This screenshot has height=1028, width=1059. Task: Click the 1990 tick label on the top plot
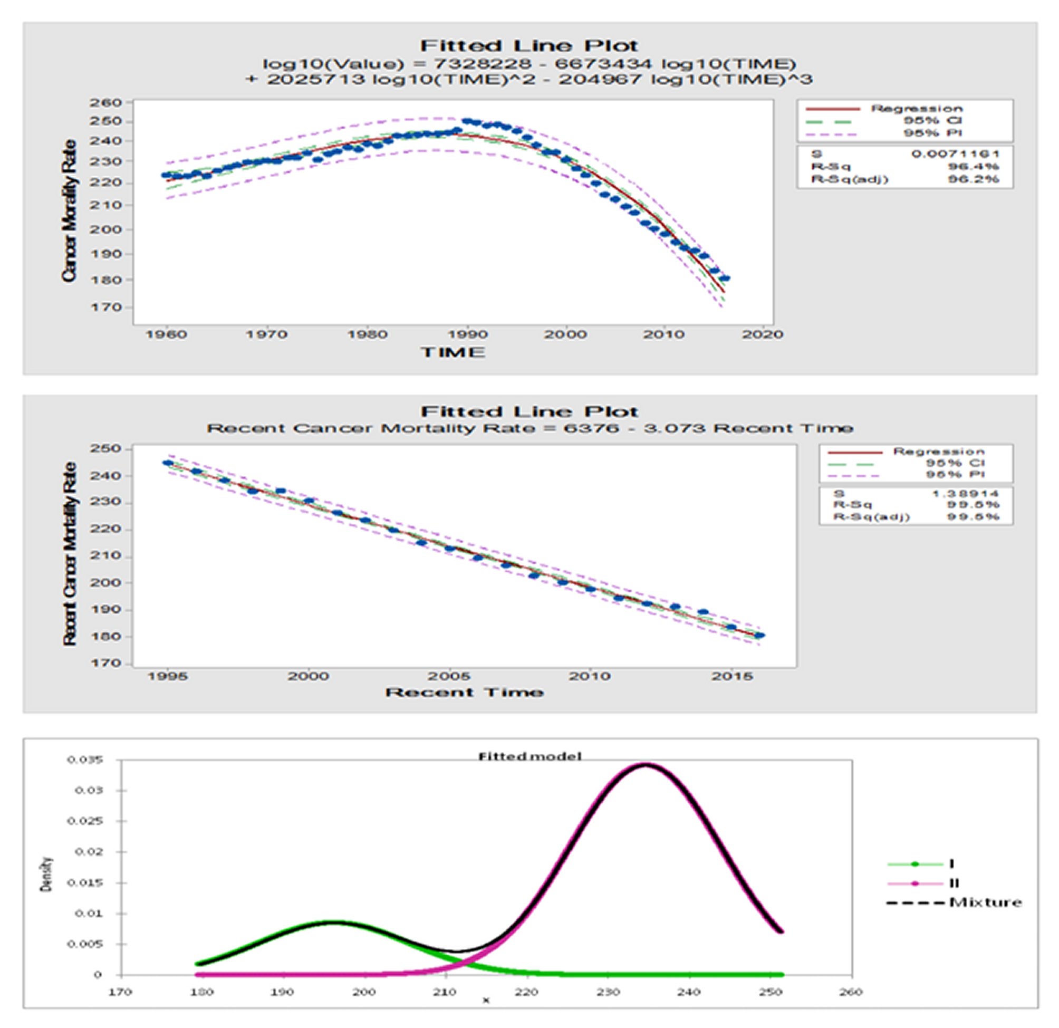coord(468,334)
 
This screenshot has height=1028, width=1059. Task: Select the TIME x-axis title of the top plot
coord(453,352)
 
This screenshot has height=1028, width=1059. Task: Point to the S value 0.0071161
coord(955,154)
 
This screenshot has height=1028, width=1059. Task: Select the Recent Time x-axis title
coord(464,693)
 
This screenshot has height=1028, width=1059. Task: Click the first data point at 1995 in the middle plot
coord(168,463)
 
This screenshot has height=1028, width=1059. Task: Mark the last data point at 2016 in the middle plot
coord(759,636)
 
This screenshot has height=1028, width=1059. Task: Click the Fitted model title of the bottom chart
coord(529,756)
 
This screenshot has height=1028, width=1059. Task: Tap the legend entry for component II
coord(954,883)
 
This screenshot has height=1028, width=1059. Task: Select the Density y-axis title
coord(47,874)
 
